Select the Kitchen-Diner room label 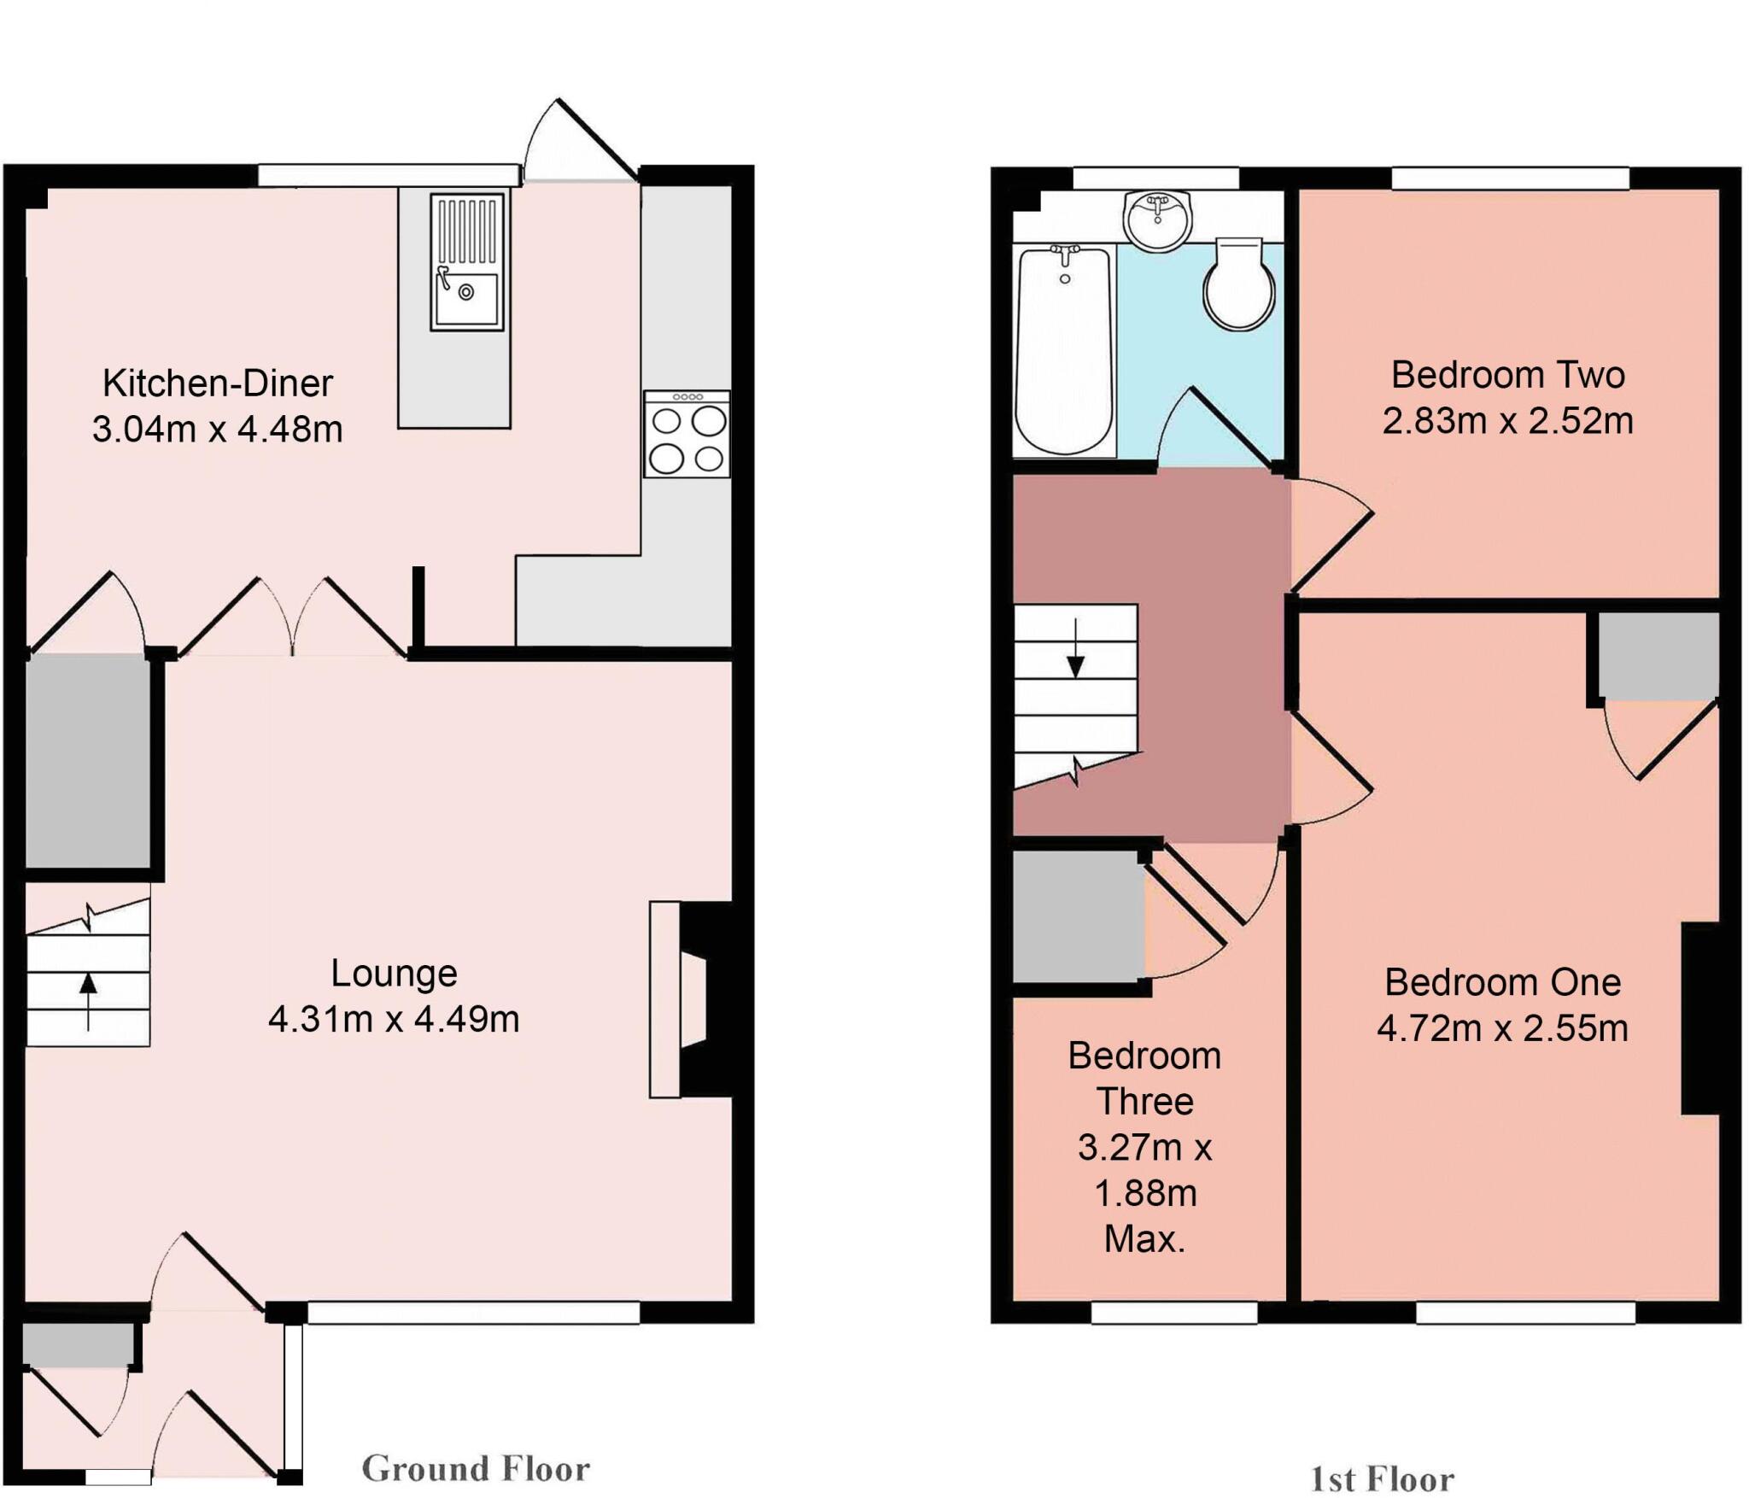pos(217,383)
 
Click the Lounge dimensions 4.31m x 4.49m pos(394,1019)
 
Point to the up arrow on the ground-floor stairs pos(88,991)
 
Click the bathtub pos(1064,350)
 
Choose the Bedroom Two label pos(1507,375)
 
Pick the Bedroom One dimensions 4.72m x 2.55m pos(1502,1028)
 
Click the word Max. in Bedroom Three pos(1144,1238)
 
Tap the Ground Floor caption pos(476,1469)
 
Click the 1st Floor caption pos(1382,1478)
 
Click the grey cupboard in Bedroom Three pos(1078,916)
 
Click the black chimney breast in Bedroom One pos(1699,1018)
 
